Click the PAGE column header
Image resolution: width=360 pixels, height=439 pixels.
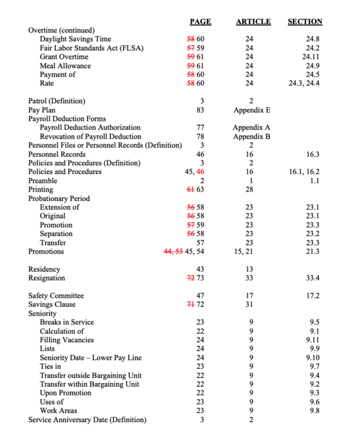pos(200,22)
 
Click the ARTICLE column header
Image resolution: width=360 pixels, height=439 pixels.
pos(253,22)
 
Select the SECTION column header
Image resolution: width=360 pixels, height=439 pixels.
pos(305,22)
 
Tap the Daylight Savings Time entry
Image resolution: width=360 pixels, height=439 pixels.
pos(75,39)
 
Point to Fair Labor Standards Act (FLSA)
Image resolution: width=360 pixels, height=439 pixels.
pos(91,48)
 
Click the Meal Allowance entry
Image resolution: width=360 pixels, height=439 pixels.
pos(65,65)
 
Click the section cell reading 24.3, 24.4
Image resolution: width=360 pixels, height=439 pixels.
pos(304,83)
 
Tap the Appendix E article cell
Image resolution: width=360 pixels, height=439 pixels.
pos(251,110)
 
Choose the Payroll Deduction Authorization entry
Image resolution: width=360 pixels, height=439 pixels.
pos(90,127)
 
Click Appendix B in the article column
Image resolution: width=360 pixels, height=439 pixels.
pos(251,136)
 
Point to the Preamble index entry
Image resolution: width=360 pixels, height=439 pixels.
pos(43,180)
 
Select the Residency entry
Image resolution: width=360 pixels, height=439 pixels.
pos(44,269)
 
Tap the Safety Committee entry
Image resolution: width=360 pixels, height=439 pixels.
pos(56,295)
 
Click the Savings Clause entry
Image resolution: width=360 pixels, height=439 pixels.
pos(52,304)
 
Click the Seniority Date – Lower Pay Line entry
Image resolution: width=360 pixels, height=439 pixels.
pos(91,358)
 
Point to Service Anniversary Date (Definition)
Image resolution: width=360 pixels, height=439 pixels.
pos(87,420)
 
